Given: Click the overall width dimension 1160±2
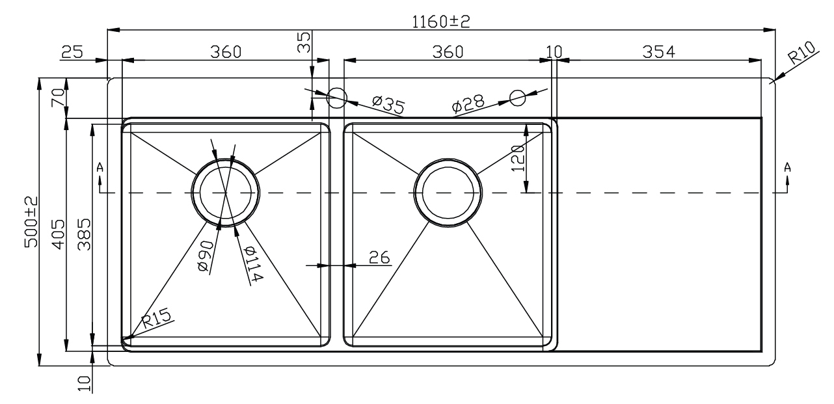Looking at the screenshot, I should click(441, 21).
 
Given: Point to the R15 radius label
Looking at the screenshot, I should click(157, 318).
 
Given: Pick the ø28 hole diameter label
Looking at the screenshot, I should click(467, 104).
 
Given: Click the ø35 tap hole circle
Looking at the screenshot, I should click(336, 99).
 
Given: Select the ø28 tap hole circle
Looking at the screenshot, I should click(518, 98).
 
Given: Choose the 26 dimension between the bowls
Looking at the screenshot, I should click(379, 258).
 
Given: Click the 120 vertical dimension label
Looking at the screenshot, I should click(518, 158).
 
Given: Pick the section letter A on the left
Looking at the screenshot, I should click(100, 167).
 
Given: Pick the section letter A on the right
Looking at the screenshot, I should click(788, 167).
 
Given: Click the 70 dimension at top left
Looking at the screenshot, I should click(57, 99).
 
